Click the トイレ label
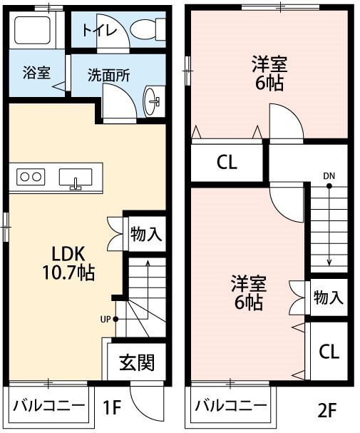[x=100, y=31]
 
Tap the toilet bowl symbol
[x=148, y=29]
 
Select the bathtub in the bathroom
[x=32, y=30]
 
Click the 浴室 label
[x=36, y=73]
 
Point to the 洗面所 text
[x=108, y=75]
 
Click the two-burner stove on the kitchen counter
[x=31, y=177]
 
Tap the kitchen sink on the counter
[x=76, y=178]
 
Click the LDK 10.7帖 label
[x=68, y=263]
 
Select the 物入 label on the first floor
[x=146, y=234]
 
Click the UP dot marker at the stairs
[x=116, y=320]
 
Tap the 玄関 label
[x=137, y=362]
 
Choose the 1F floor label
[x=112, y=407]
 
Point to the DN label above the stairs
[x=329, y=176]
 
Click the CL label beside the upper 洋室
[x=227, y=162]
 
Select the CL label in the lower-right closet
[x=329, y=352]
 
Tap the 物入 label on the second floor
[x=329, y=297]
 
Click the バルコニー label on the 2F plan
[x=231, y=406]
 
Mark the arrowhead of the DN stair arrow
[x=329, y=263]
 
